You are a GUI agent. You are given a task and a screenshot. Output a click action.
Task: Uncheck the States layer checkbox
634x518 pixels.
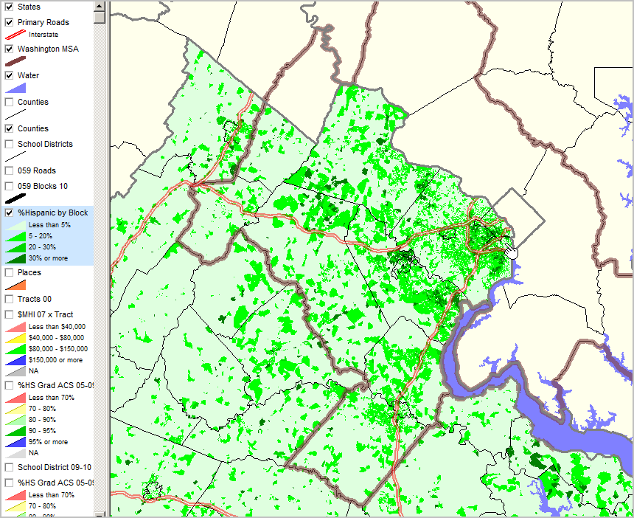pyautogui.click(x=10, y=7)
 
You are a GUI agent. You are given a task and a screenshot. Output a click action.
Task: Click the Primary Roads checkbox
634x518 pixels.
pyautogui.click(x=10, y=22)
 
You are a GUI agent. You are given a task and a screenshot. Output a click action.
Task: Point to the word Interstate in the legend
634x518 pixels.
pyautogui.click(x=43, y=35)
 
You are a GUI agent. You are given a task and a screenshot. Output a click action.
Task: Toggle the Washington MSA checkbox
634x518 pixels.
pyautogui.click(x=10, y=49)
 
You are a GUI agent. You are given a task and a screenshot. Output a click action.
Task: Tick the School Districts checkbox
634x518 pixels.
pyautogui.click(x=10, y=144)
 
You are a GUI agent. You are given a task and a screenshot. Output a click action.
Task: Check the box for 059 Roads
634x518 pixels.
pyautogui.click(x=10, y=170)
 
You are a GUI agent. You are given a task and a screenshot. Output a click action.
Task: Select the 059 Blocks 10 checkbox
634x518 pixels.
pyautogui.click(x=10, y=186)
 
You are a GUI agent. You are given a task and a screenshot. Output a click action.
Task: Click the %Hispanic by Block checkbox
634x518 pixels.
pyautogui.click(x=10, y=213)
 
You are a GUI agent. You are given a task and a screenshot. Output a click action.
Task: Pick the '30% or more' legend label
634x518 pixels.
pyautogui.click(x=48, y=258)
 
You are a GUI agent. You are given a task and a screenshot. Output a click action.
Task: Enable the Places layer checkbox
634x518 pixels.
pyautogui.click(x=10, y=272)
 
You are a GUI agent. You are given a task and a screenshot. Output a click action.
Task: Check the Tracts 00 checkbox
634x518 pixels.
pyautogui.click(x=10, y=299)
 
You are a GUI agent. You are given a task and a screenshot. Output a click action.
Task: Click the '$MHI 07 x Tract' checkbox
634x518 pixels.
pyautogui.click(x=10, y=314)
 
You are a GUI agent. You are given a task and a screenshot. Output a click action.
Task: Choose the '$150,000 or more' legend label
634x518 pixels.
pyautogui.click(x=55, y=360)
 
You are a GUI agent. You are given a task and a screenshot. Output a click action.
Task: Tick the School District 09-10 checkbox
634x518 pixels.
pyautogui.click(x=10, y=467)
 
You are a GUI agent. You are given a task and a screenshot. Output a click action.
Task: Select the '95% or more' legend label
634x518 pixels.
pyautogui.click(x=48, y=442)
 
